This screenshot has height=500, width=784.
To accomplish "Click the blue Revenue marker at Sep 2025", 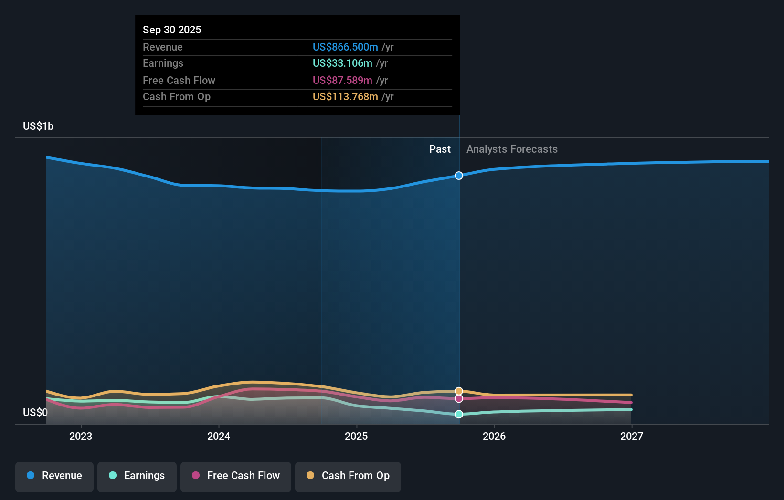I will (x=459, y=176).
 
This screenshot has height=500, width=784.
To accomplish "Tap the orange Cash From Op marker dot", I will (x=459, y=391).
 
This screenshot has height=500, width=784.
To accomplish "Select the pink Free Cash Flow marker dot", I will (x=459, y=398).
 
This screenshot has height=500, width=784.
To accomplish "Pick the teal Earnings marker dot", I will (x=459, y=414).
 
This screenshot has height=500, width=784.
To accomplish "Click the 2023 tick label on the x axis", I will (x=81, y=436).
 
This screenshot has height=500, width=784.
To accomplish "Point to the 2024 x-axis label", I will (x=219, y=436).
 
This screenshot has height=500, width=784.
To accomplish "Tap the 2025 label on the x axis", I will (x=356, y=436).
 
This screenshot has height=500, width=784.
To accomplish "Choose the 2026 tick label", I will (x=494, y=436).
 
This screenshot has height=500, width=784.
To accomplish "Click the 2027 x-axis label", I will (x=632, y=436).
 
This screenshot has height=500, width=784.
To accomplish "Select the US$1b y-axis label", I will (x=38, y=126).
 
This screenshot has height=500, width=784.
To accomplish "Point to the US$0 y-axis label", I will (x=35, y=412).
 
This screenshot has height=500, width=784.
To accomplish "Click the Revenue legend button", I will (x=54, y=476).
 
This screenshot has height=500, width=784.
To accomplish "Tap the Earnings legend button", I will (x=137, y=476).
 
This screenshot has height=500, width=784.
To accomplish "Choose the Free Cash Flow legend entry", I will (x=236, y=476).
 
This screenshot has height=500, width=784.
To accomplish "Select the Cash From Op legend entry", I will (x=348, y=476).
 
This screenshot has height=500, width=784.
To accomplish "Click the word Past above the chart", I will (x=440, y=149).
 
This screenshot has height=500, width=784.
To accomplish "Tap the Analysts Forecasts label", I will (x=512, y=149).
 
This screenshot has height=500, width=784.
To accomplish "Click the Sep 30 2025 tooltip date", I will (x=172, y=30).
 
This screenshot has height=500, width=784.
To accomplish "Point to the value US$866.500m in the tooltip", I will (x=345, y=47).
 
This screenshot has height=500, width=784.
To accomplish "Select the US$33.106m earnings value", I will (x=342, y=63).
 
